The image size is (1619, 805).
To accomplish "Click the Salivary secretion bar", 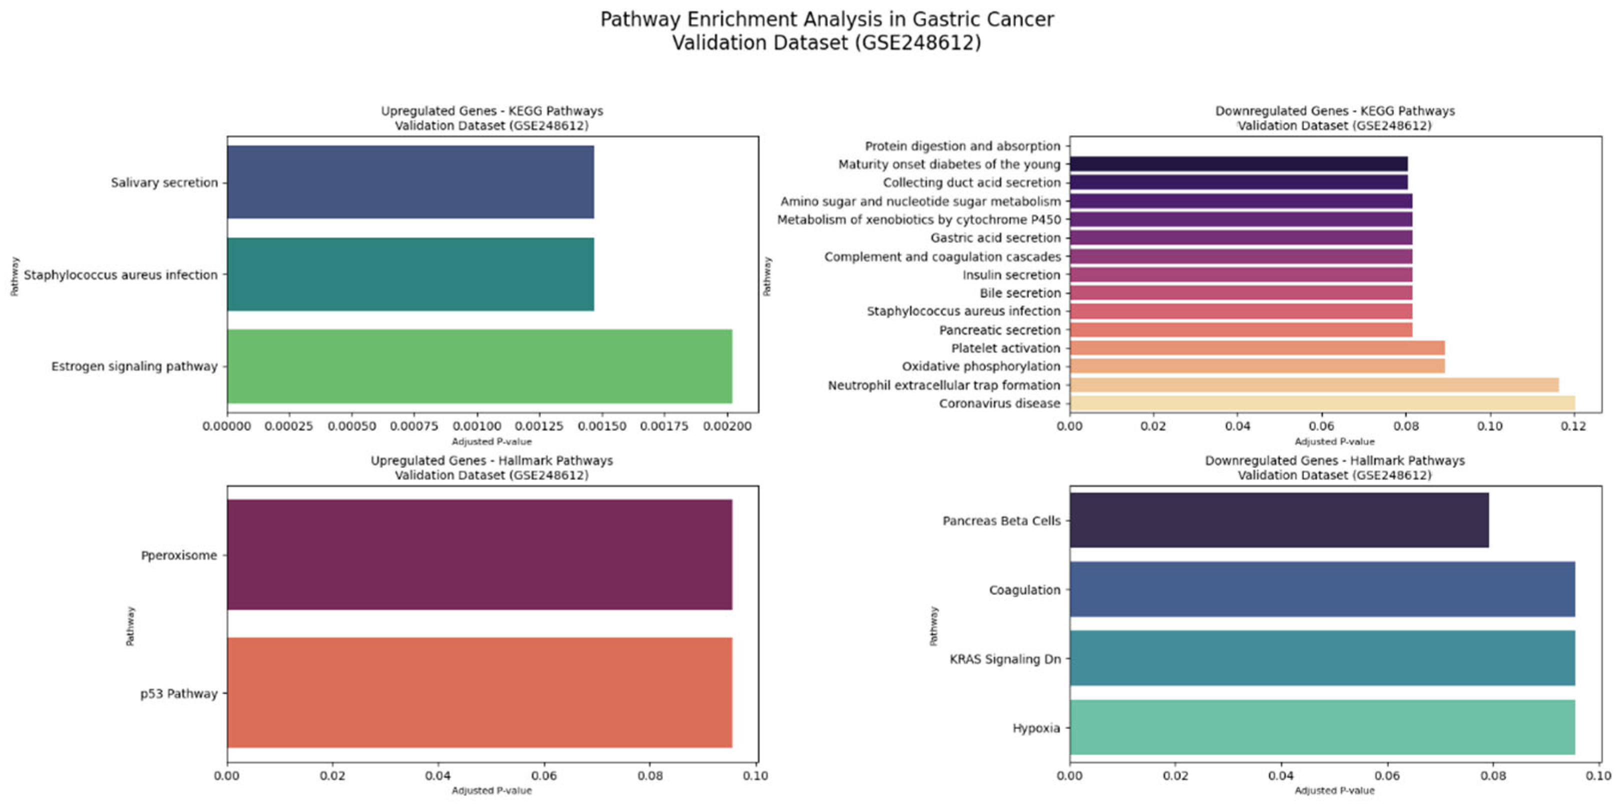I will [410, 182].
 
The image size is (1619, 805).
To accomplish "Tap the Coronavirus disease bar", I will [1321, 403].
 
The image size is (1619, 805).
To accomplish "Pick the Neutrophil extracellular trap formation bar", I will [1313, 384].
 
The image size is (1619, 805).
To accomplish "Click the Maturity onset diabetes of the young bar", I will [1238, 164].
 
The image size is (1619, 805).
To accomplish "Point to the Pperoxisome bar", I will [479, 554].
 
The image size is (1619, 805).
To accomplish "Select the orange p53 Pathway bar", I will [479, 692].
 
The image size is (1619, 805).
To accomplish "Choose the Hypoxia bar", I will [1321, 727].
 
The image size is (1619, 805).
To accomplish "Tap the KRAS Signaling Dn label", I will [1004, 658].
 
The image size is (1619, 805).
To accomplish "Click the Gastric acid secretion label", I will [995, 237].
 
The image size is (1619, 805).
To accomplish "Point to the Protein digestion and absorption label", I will [962, 146].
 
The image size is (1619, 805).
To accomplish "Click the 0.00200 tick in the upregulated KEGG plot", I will [727, 426].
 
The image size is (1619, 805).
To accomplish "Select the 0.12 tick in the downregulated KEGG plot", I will [1573, 426].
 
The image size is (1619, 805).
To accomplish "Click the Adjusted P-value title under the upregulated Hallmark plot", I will [491, 790].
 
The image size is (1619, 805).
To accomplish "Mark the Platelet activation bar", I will [1257, 347].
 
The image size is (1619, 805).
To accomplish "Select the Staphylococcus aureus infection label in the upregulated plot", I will [120, 274].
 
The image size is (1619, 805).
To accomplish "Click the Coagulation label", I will [1024, 589].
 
